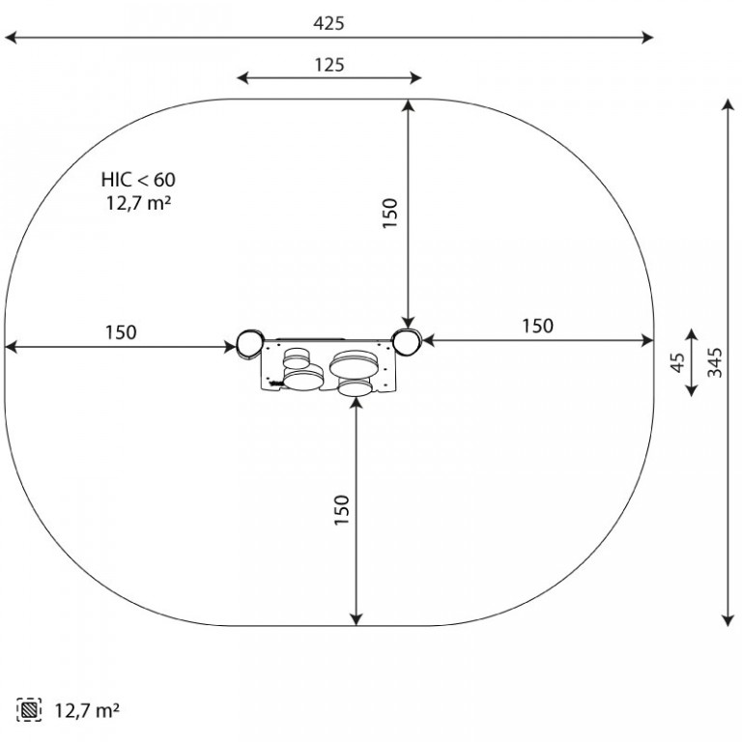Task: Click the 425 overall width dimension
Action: (328, 23)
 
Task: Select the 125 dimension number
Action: (329, 65)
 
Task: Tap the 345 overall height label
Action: (715, 362)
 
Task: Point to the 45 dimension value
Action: (678, 362)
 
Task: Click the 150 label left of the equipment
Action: (121, 332)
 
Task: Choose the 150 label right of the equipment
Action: (537, 326)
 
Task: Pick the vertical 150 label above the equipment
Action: (390, 214)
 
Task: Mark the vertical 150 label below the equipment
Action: (342, 510)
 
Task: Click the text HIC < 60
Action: (138, 180)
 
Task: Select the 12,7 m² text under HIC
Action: (138, 203)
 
